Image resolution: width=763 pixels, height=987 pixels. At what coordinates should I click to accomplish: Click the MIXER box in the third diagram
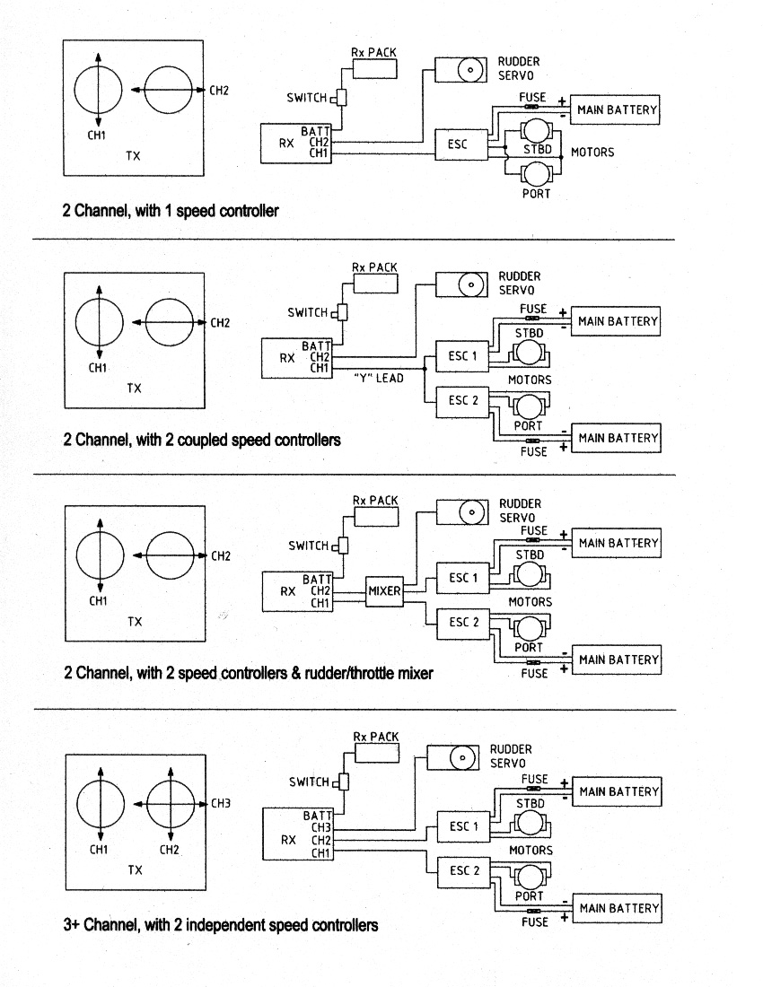pos(384,591)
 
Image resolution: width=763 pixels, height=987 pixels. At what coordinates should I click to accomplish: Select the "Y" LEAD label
pos(378,379)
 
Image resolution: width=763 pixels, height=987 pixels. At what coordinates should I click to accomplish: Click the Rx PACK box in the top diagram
pos(374,68)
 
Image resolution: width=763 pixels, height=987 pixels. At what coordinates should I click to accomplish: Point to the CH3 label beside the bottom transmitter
pos(220,803)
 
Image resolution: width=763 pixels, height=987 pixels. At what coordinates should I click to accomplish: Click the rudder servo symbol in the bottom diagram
pos(452,756)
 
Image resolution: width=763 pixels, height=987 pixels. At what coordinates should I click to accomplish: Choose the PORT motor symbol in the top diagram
pos(536,173)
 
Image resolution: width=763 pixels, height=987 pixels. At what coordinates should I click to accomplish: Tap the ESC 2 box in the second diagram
pos(462,401)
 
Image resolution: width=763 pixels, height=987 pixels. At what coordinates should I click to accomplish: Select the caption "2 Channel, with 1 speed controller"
pos(171,211)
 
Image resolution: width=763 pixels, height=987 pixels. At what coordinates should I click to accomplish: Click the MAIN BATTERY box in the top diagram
pos(615,109)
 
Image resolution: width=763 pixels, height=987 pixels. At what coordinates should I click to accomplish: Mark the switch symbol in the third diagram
pos(343,546)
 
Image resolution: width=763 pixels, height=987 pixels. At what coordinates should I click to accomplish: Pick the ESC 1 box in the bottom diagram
pos(463,826)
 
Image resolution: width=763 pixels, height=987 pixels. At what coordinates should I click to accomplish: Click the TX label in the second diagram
pos(134,389)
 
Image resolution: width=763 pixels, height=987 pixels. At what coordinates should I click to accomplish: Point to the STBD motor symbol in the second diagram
pos(529,353)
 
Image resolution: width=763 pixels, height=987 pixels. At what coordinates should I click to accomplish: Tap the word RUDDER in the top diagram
pos(519,62)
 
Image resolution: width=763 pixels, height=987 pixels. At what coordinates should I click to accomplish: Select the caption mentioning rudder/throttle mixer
pos(249,674)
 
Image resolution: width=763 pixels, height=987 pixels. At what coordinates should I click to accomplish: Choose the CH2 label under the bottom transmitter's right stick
pos(170,850)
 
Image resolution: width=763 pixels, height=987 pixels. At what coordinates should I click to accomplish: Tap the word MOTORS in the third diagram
pos(531,602)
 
